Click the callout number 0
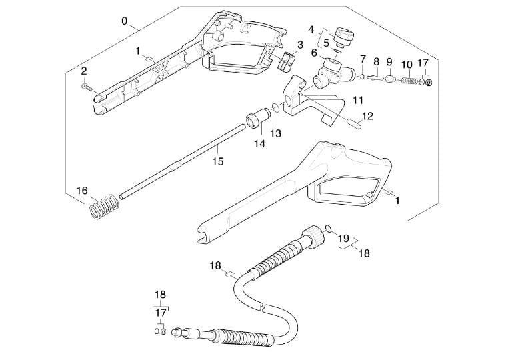coord(125,21)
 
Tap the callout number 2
coord(84,71)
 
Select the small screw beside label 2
coord(88,85)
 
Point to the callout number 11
coord(358,101)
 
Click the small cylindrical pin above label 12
coord(353,123)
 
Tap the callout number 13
coord(276,133)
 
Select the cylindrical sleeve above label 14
coord(255,119)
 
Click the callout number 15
coord(218,161)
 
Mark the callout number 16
coord(82,190)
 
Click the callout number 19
coord(343,237)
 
